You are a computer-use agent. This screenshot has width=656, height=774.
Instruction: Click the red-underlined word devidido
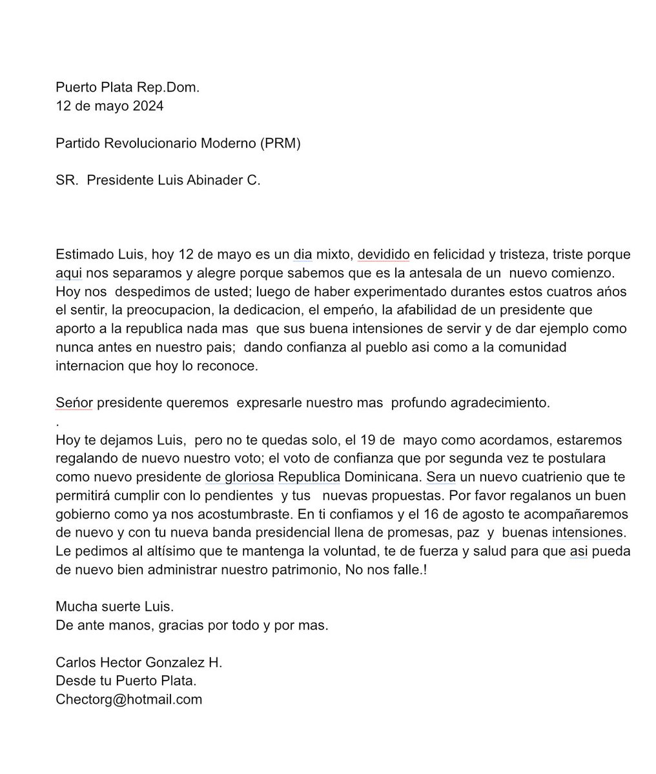[384, 255]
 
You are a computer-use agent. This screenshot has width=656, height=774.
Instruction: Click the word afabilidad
[412, 310]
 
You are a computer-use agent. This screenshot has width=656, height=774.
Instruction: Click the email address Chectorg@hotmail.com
[129, 699]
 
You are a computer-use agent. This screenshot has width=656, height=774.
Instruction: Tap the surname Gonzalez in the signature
[171, 662]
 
